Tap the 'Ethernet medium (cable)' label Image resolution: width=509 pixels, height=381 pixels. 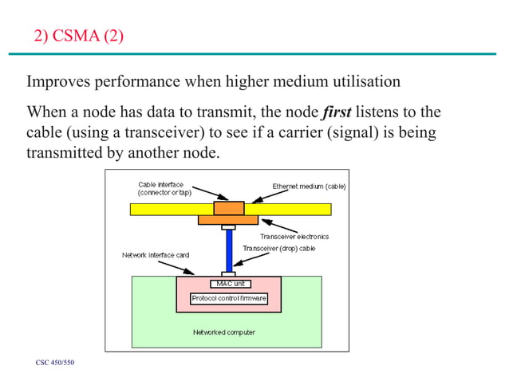pyautogui.click(x=309, y=186)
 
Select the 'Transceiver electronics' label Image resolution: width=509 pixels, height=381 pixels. pyautogui.click(x=294, y=237)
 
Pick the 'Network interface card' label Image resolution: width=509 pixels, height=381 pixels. pyautogui.click(x=155, y=255)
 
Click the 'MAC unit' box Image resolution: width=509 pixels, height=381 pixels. pyautogui.click(x=228, y=283)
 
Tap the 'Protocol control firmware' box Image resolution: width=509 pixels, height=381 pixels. pyautogui.click(x=228, y=298)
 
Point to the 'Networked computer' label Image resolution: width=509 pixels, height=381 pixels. pyautogui.click(x=224, y=332)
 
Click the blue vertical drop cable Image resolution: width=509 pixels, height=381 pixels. pyautogui.click(x=228, y=251)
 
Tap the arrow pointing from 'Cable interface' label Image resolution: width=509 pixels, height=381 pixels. pyautogui.click(x=209, y=195)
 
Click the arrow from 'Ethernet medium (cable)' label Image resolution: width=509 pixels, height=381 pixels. pyautogui.click(x=261, y=197)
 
